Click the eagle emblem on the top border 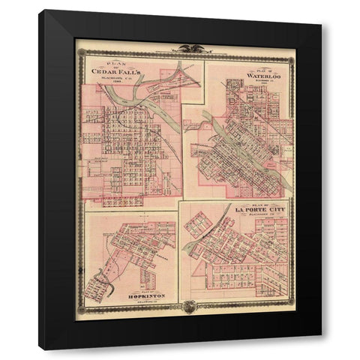[184, 49]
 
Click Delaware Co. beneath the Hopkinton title [131, 300]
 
